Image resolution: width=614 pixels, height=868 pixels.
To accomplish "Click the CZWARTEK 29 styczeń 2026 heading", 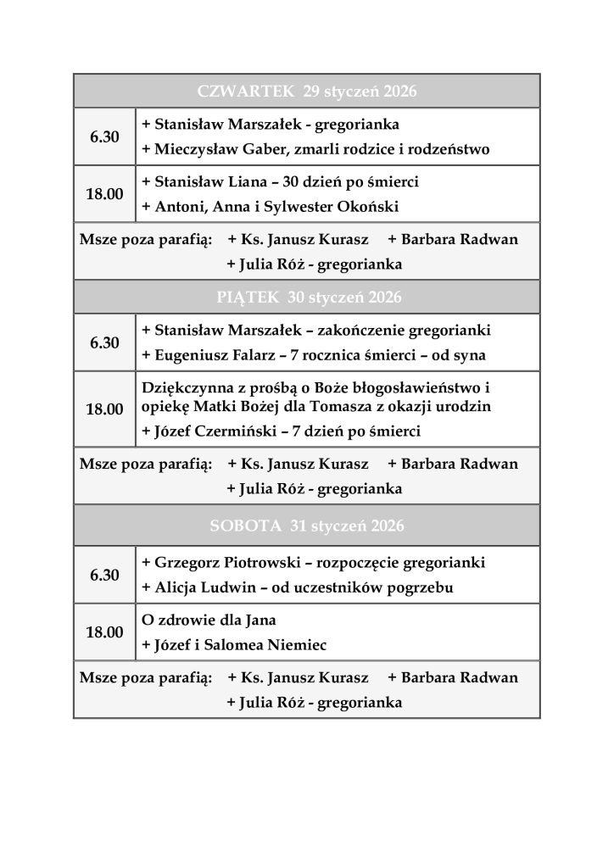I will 307,91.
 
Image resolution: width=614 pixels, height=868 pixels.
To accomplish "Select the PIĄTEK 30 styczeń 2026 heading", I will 307,298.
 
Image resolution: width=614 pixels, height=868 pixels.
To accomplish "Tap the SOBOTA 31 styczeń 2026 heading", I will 307,526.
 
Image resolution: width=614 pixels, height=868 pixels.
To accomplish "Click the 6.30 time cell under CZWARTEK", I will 104,136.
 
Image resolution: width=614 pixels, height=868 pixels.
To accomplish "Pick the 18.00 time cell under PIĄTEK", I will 104,409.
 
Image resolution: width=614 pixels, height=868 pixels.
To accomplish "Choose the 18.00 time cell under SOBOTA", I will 104,632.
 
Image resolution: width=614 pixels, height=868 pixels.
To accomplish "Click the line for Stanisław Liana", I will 280,182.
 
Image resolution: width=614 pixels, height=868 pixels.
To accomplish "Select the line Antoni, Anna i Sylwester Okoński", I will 270,207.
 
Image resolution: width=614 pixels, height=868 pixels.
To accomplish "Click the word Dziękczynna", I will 183,388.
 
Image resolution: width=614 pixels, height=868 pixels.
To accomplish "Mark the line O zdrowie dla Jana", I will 209,620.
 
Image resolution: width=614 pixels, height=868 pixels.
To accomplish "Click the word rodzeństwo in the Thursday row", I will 448,150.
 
